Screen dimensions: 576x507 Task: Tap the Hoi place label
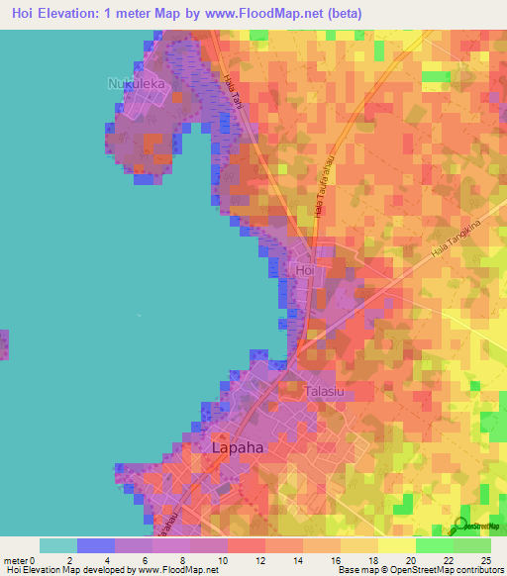pos(304,268)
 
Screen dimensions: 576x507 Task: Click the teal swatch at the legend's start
pos(58,545)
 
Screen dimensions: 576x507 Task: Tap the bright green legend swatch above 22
pos(434,545)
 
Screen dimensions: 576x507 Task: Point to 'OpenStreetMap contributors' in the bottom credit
pos(451,570)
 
